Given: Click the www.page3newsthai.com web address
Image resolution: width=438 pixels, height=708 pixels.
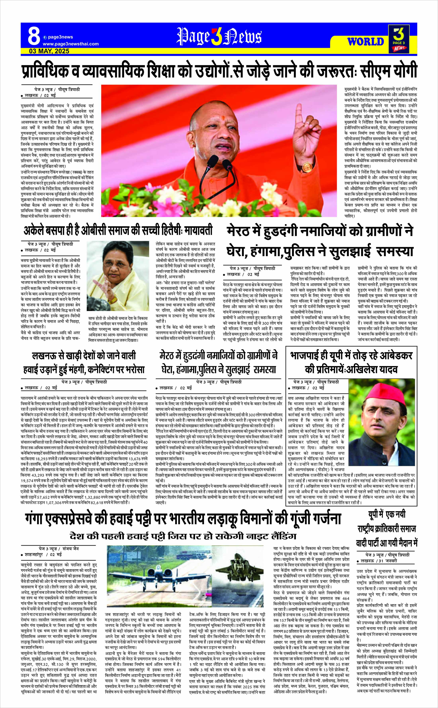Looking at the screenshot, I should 70,44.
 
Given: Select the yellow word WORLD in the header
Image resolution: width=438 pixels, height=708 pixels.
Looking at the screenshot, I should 366,42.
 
